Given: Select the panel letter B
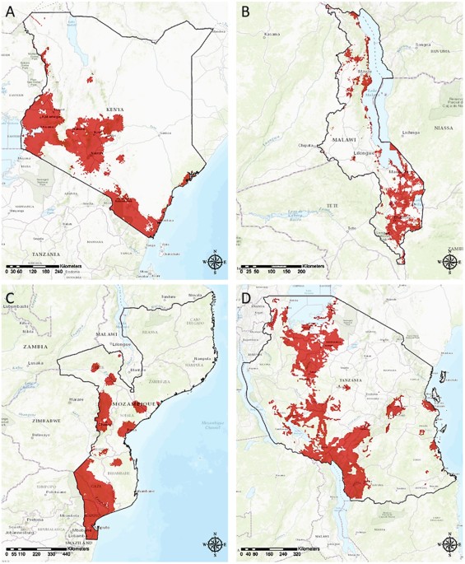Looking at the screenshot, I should click(246, 12).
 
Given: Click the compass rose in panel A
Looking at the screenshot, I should click(214, 262).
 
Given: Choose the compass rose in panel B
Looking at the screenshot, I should click(450, 262).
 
